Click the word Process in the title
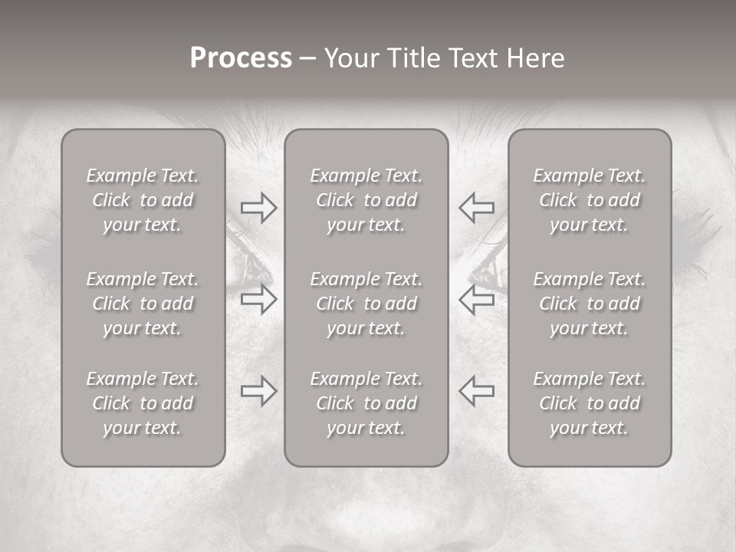click(x=241, y=58)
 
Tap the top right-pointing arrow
click(x=258, y=208)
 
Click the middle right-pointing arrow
click(x=258, y=299)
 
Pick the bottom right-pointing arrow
click(x=258, y=391)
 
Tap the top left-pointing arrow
click(x=477, y=208)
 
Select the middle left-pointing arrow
click(x=477, y=299)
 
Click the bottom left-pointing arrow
click(x=477, y=391)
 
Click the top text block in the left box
click(x=143, y=200)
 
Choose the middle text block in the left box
click(x=143, y=304)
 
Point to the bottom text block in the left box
click(x=143, y=403)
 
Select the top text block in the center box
click(x=366, y=200)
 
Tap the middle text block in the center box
click(x=366, y=304)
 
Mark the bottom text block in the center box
click(x=366, y=403)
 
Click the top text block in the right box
click(x=590, y=200)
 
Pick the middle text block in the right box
click(x=590, y=304)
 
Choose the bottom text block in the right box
click(x=590, y=403)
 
